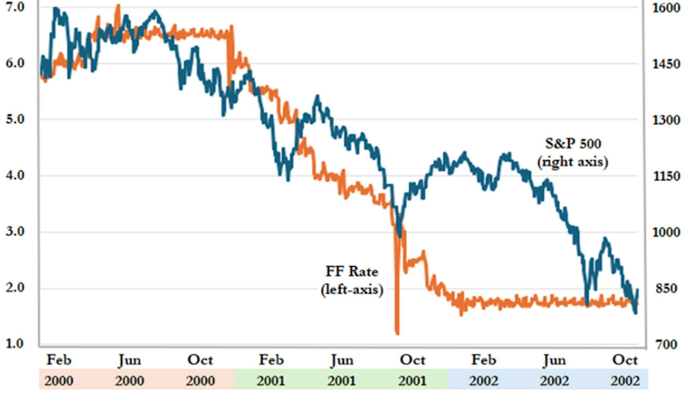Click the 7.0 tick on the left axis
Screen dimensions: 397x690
pos(15,7)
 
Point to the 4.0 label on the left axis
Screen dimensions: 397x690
pos(15,176)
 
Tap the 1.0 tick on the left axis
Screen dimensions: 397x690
pos(15,344)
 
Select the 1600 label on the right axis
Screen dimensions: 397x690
pos(666,8)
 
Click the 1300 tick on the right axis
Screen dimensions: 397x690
pos(666,120)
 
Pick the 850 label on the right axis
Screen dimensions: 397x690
pos(666,288)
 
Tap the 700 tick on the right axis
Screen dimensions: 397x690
pos(666,345)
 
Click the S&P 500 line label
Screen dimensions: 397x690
pos(573,144)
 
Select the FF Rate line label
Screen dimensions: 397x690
pos(351,271)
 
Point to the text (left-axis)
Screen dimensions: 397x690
pos(351,289)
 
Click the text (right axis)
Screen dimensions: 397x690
pos(573,162)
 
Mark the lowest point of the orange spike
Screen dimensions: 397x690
pos(397,333)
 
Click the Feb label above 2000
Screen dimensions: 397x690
pos(59,360)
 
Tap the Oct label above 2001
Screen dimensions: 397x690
pos(413,360)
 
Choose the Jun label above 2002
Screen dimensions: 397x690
pos(554,360)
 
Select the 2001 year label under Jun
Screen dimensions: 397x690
pos(341,380)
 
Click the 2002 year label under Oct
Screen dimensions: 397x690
pos(625,380)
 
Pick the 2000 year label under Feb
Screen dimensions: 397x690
pos(59,380)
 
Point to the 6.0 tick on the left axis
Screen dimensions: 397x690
pos(15,64)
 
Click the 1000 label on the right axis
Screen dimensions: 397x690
pos(666,232)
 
